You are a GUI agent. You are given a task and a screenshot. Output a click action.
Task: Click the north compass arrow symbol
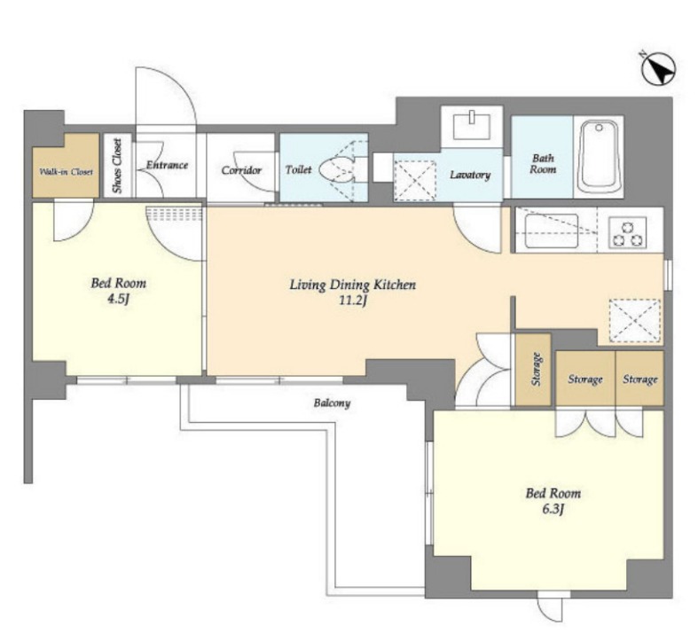coord(659,70)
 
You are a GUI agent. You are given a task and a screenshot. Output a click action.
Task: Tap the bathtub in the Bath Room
coord(600,157)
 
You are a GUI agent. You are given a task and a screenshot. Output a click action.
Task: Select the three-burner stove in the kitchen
coord(628,233)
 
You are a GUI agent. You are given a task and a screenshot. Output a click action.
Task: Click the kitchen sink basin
coord(552,231)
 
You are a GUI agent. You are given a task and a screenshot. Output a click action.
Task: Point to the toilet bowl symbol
coord(341,169)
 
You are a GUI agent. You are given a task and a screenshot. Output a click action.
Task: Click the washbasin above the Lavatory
coord(472,127)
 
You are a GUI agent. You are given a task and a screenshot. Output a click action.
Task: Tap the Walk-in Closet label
coord(67,172)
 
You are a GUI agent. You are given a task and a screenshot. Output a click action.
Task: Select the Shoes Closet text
coord(118,166)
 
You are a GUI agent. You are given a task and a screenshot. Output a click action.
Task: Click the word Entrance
coord(167,165)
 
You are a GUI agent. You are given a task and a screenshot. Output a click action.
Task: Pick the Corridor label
coord(241,170)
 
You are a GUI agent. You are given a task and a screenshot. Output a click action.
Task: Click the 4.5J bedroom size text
coord(118,299)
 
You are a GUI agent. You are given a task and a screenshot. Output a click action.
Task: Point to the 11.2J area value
coord(353,301)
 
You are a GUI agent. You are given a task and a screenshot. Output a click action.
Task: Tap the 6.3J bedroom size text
coord(553,509)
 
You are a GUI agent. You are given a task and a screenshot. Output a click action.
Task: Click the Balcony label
coord(332,403)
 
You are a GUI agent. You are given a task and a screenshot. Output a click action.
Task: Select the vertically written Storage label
coord(537,369)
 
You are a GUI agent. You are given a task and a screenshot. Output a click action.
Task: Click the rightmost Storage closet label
coord(639,379)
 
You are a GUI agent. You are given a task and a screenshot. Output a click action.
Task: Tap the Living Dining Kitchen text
coord(353,285)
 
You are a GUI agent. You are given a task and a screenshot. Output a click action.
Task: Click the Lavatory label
coord(470,175)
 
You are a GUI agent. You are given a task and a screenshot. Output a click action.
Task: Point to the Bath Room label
coord(543,163)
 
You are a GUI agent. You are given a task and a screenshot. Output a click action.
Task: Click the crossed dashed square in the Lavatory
coord(415,181)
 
